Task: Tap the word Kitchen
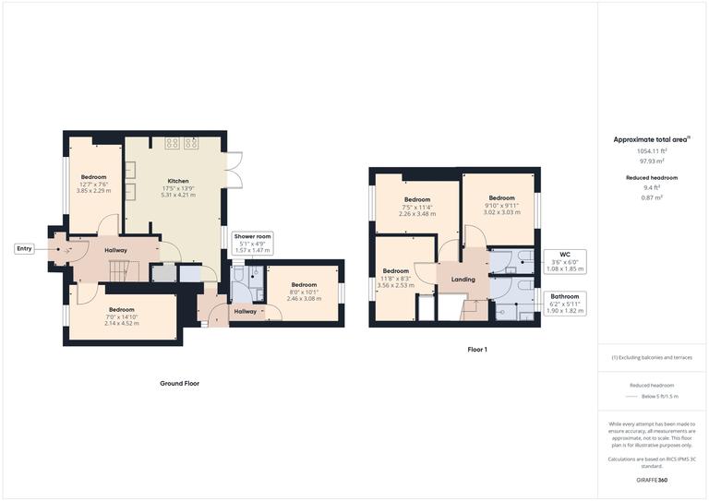[178, 181]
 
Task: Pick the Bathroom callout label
[565, 296]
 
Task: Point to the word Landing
[463, 280]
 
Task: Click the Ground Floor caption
[179, 383]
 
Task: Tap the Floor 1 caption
[477, 350]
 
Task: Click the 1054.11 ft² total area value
[652, 150]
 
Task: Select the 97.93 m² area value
[652, 161]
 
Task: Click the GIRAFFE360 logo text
[652, 481]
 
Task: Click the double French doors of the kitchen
[234, 168]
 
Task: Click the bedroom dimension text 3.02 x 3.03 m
[501, 212]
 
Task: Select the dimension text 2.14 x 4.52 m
[122, 323]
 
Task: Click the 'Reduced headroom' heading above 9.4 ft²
[653, 177]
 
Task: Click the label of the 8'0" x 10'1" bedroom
[304, 285]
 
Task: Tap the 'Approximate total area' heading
[650, 139]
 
